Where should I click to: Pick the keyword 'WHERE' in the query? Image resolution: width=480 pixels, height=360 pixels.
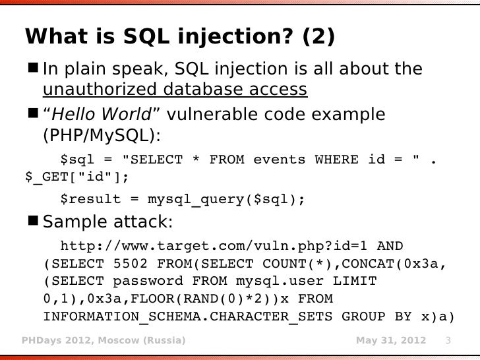(336, 160)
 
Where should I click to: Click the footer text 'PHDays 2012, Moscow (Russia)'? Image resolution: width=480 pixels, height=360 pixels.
(104, 341)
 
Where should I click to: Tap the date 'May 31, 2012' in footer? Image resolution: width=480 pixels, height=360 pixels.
(390, 341)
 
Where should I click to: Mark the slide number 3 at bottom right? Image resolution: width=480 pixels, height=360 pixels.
(448, 341)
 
